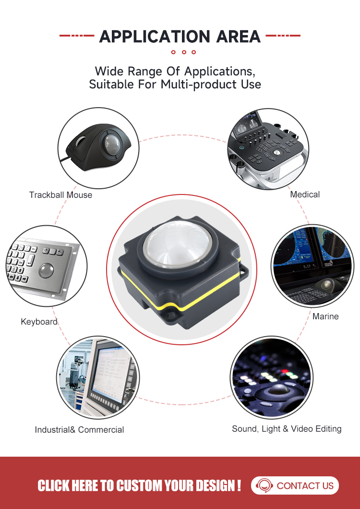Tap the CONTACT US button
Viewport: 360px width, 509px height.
295,485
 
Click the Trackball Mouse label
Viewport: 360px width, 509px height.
60,195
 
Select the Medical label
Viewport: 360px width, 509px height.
305,194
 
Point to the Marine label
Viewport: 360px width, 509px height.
325,316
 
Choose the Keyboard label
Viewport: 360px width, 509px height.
39,322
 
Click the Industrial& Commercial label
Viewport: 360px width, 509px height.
80,429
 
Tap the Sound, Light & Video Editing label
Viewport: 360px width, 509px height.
287,429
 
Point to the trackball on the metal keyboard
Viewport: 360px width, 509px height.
47,270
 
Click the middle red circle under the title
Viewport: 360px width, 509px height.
184,52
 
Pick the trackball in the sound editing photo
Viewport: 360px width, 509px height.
276,392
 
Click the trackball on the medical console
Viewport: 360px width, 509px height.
276,152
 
